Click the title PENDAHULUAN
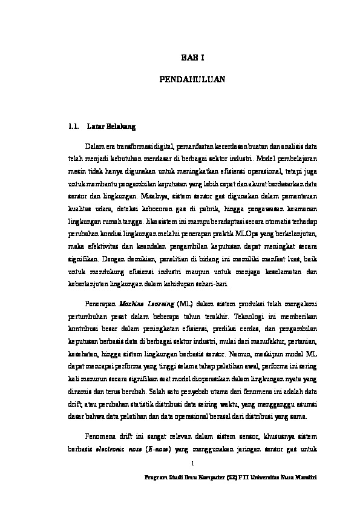tap(192, 79)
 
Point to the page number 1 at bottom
tap(192, 464)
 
